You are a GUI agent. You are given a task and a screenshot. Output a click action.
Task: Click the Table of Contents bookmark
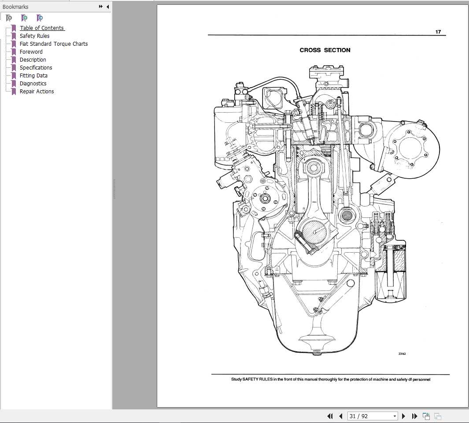click(42, 28)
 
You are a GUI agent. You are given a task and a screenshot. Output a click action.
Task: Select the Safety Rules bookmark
click(34, 36)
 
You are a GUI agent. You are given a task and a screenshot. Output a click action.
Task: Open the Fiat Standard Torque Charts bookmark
click(53, 44)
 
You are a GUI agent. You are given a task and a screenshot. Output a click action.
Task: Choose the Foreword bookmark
click(31, 52)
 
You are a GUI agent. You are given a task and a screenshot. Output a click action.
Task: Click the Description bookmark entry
click(33, 60)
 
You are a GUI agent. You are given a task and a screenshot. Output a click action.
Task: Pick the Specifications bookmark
click(36, 68)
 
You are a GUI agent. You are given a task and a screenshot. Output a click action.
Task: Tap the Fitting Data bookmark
click(33, 76)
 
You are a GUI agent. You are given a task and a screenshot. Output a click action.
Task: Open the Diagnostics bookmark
click(33, 84)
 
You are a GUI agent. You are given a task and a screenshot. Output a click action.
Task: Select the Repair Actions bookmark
click(37, 92)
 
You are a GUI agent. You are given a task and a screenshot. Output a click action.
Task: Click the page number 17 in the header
click(438, 32)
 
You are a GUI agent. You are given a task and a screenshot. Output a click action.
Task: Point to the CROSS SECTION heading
click(325, 50)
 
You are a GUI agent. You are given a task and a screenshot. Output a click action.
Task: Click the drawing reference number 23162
click(402, 353)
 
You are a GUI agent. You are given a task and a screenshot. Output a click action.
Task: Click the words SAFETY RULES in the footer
click(257, 379)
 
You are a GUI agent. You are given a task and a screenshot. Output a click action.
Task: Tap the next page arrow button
click(404, 416)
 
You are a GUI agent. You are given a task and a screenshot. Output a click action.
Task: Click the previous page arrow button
click(340, 416)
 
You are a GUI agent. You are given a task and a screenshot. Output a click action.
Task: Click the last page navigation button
click(414, 416)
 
